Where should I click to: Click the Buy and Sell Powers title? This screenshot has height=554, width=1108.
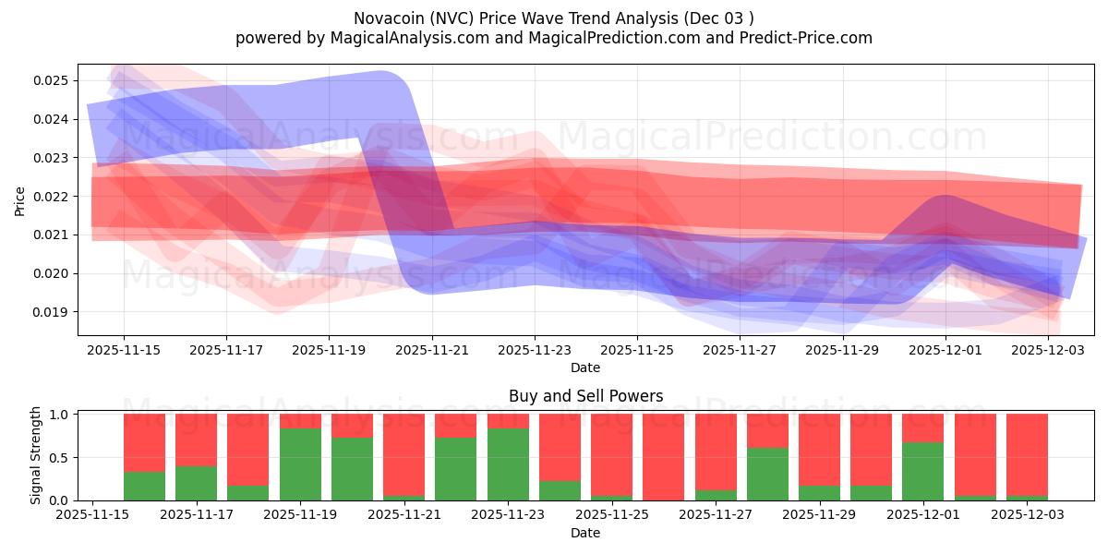tap(585, 396)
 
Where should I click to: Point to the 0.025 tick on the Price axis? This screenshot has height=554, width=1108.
tap(54, 80)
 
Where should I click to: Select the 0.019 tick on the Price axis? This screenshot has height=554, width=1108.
tap(54, 312)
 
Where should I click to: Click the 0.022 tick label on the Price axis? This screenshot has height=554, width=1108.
tap(54, 197)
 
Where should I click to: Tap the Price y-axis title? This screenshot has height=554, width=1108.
tap(19, 200)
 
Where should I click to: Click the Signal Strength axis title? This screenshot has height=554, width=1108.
tap(36, 455)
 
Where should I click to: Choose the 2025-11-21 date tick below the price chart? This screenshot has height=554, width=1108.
tap(432, 351)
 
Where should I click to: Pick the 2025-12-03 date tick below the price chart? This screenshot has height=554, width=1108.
tap(1049, 351)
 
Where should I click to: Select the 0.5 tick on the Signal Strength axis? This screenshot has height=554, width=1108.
tap(59, 458)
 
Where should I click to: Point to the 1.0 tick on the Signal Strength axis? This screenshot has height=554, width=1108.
tap(59, 415)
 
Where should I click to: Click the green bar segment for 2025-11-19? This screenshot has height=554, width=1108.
tap(300, 464)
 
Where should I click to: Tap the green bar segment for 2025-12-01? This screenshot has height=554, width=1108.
tap(922, 472)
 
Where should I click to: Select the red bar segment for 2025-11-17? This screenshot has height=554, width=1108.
tap(196, 440)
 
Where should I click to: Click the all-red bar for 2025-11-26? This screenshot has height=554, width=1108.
tap(663, 457)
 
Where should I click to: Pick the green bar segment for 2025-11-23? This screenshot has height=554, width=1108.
tap(508, 464)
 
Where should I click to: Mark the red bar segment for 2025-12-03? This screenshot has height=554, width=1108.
tap(1026, 454)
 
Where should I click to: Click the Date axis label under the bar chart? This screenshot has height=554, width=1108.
tap(585, 533)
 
